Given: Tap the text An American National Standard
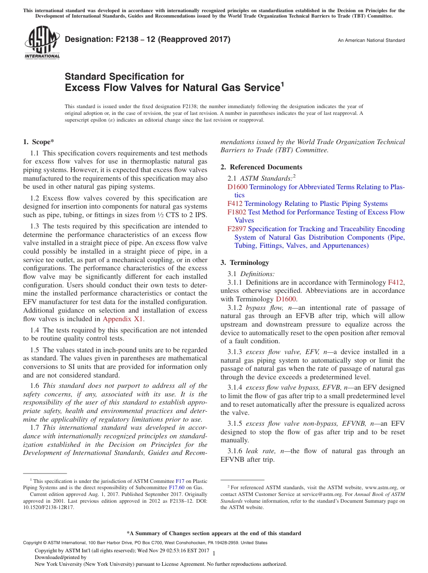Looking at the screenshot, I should coord(371,41).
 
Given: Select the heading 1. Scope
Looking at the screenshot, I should coord(39,142).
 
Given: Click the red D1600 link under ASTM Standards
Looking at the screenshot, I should coord(237,187).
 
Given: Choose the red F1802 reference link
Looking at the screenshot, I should coord(237,212).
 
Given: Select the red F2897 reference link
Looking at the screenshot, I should coord(237,229).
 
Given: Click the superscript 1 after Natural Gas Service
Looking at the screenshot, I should coord(282,84).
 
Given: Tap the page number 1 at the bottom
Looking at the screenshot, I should coord(214,553).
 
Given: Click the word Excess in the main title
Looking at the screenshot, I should coord(81,88).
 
